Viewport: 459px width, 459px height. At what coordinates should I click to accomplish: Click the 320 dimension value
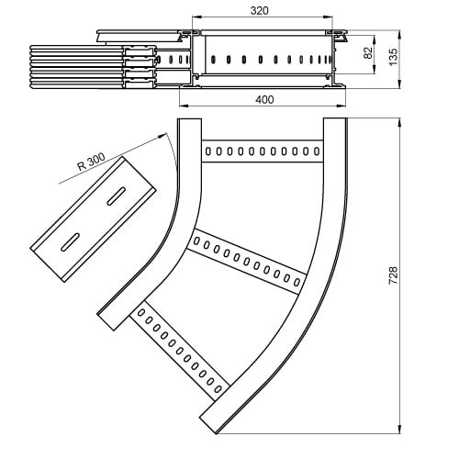(260, 10)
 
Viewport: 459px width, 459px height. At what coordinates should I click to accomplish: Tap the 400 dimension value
(264, 100)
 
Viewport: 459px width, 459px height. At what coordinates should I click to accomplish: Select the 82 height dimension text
(368, 52)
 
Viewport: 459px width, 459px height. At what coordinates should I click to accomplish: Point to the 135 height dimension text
(393, 57)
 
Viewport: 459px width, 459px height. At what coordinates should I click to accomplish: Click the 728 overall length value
(393, 275)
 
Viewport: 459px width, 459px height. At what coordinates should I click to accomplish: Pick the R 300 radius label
(91, 162)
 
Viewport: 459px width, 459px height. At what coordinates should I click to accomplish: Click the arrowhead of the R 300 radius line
(162, 135)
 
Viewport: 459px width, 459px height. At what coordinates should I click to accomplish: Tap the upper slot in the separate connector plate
(117, 196)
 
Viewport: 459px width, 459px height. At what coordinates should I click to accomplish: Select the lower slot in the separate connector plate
(71, 242)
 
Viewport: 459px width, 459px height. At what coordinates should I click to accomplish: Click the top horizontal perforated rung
(263, 151)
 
